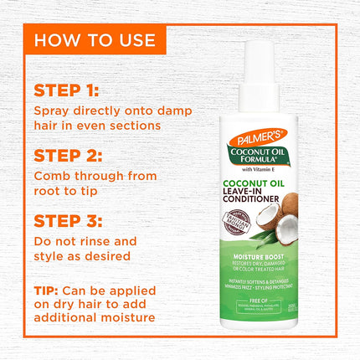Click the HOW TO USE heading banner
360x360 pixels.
(94, 39)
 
